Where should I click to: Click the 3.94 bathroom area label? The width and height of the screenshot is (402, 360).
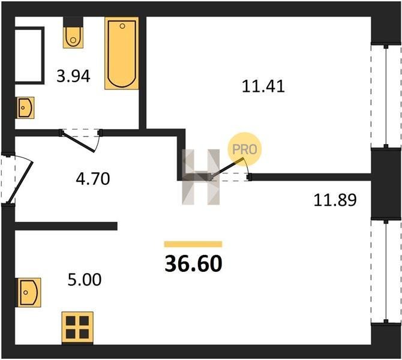pyautogui.click(x=73, y=76)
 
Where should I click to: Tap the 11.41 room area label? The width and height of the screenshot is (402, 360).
pyautogui.click(x=263, y=86)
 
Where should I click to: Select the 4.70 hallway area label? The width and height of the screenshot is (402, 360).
pyautogui.click(x=93, y=179)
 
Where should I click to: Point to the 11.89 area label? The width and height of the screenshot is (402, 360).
pyautogui.click(x=335, y=200)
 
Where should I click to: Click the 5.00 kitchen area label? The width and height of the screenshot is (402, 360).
pyautogui.click(x=85, y=280)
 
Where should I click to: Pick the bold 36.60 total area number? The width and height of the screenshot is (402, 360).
pyautogui.click(x=193, y=264)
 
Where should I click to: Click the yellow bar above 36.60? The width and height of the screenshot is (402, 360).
pyautogui.click(x=193, y=244)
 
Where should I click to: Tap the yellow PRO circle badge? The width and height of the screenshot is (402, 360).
pyautogui.click(x=244, y=149)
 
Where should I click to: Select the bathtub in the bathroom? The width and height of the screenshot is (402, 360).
pyautogui.click(x=122, y=53)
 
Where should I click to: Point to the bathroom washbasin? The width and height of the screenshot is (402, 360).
pyautogui.click(x=26, y=107)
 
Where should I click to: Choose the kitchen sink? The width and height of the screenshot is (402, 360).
pyautogui.click(x=29, y=293)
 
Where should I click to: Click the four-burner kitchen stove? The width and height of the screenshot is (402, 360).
pyautogui.click(x=77, y=328)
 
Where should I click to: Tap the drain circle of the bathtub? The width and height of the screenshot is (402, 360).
pyautogui.click(x=122, y=26)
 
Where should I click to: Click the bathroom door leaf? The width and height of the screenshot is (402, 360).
pyautogui.click(x=78, y=143)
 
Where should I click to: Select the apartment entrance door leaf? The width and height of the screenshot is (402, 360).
pyautogui.click(x=20, y=182)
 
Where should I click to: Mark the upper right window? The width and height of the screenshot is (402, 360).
pyautogui.click(x=386, y=97)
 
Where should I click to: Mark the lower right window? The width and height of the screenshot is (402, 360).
pyautogui.click(x=386, y=271)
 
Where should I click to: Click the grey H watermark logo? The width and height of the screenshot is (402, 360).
pyautogui.click(x=201, y=177)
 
